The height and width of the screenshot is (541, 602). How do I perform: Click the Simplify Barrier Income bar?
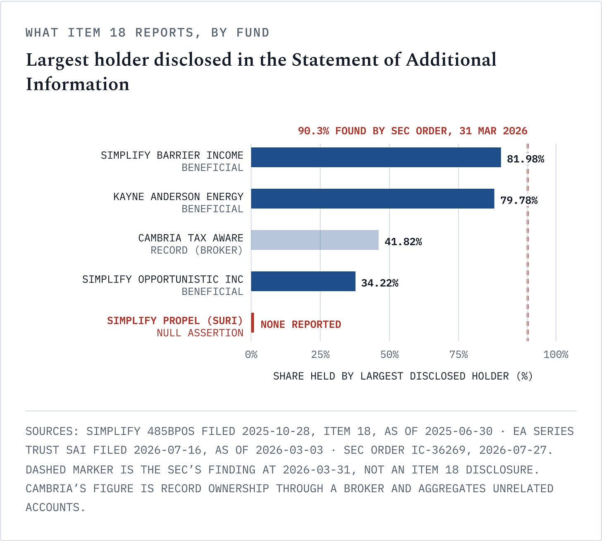pyautogui.click(x=376, y=157)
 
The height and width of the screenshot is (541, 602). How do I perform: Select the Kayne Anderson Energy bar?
pyautogui.click(x=373, y=199)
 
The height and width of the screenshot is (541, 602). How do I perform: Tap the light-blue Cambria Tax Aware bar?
pyautogui.click(x=315, y=240)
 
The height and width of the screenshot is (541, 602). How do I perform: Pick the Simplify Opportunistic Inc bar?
pyautogui.click(x=303, y=281)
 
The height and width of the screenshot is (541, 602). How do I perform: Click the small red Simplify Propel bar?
pyautogui.click(x=252, y=323)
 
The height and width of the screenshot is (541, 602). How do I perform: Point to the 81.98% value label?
pyautogui.click(x=526, y=159)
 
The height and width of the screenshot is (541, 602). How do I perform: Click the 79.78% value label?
pyautogui.click(x=519, y=200)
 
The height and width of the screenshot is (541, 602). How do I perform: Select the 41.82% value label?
pyautogui.click(x=403, y=242)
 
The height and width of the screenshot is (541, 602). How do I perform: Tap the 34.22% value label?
pyautogui.click(x=380, y=283)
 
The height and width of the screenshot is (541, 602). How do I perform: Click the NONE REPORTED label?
pyautogui.click(x=301, y=325)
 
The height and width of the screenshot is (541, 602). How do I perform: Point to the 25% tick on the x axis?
pyautogui.click(x=320, y=355)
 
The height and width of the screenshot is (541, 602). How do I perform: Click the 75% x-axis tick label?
pyautogui.click(x=459, y=355)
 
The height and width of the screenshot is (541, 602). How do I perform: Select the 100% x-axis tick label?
pyautogui.click(x=556, y=355)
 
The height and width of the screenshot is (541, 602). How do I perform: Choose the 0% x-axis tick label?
pyautogui.click(x=251, y=355)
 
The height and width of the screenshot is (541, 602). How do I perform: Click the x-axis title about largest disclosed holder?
pyautogui.click(x=403, y=376)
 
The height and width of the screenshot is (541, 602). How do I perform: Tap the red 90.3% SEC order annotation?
pyautogui.click(x=413, y=131)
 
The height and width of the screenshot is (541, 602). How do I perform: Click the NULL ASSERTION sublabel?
pyautogui.click(x=200, y=333)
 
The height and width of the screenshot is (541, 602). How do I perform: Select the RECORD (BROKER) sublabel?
pyautogui.click(x=196, y=250)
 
